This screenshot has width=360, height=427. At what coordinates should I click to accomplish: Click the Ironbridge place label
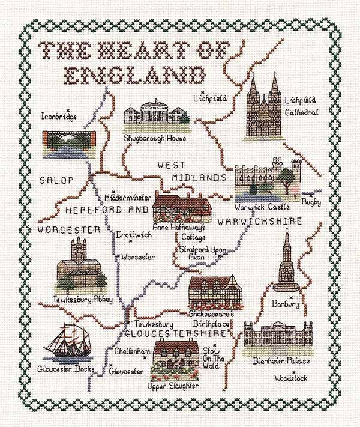click(59, 116)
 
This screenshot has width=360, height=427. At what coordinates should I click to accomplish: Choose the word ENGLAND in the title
click(135, 75)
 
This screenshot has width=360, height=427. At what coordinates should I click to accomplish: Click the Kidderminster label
click(128, 197)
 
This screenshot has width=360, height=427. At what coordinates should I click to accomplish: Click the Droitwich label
click(129, 235)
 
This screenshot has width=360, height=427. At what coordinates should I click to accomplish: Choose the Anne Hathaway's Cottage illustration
click(180, 207)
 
